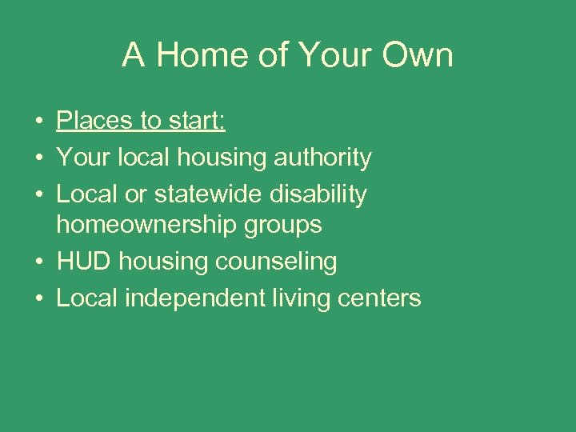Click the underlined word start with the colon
point(197,121)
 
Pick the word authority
point(323,158)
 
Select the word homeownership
point(144,226)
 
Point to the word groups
point(281,226)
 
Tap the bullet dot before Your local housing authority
point(38,158)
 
